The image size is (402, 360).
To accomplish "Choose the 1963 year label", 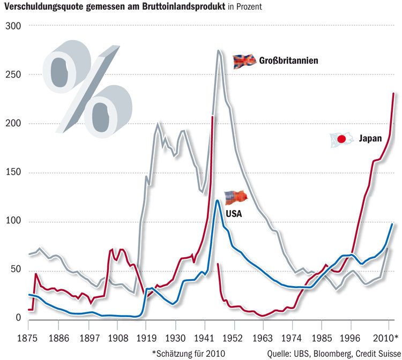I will click(263, 337).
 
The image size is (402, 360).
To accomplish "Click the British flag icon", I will click(244, 61).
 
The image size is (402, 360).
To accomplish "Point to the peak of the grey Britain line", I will click(219, 50).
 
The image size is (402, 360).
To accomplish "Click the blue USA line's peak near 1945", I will click(217, 200).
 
